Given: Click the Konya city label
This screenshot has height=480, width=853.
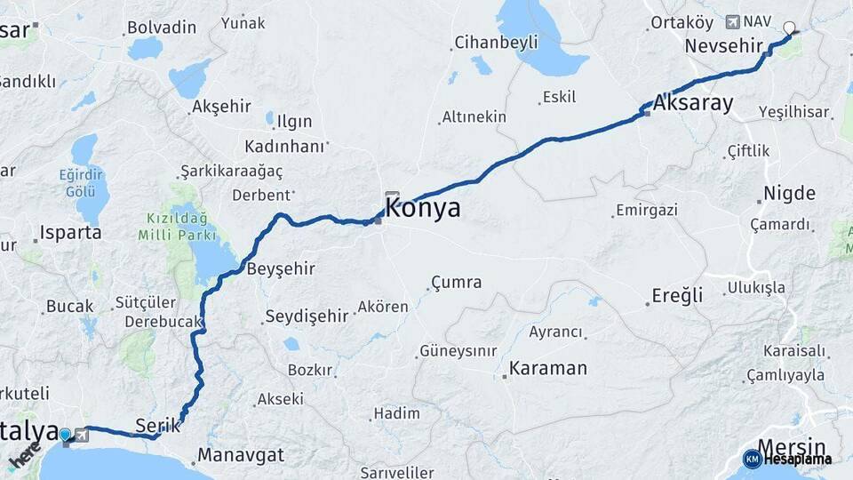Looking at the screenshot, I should coord(423,210).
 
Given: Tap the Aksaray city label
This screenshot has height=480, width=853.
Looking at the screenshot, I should coord(693,103).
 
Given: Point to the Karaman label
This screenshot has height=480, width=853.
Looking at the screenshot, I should coord(548,368).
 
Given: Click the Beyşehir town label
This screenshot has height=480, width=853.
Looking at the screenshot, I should coord(281,268).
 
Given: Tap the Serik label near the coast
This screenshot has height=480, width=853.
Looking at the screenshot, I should coord(158,425).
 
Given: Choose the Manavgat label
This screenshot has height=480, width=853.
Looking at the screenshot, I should coord(241,455).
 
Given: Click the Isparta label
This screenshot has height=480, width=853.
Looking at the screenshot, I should coord(69,233).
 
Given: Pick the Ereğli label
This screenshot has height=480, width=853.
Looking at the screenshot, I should coord(677,295).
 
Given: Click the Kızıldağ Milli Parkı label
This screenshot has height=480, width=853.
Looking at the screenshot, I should coord(178,227).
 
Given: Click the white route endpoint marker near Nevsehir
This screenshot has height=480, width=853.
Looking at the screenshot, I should coord(788,28).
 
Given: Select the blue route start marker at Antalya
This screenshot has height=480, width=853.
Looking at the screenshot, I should coord(65,435).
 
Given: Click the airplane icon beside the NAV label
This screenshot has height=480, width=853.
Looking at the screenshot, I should coord(732,21).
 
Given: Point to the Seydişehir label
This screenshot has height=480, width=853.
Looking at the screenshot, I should coord(307,316).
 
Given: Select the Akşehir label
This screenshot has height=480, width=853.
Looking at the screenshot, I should coord(221,107).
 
